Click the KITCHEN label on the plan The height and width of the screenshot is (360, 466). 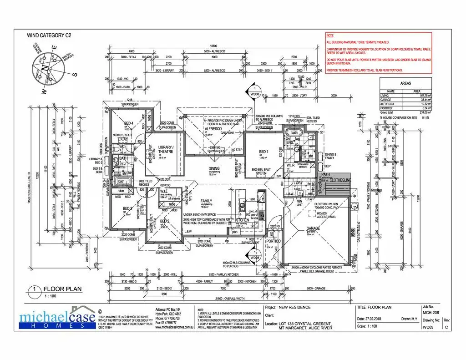point(242,220)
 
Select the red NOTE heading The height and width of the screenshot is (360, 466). point(330,35)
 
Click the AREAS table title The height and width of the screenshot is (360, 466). point(405,84)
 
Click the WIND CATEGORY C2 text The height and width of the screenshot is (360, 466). point(49,35)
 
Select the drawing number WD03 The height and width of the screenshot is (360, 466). point(427,326)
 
